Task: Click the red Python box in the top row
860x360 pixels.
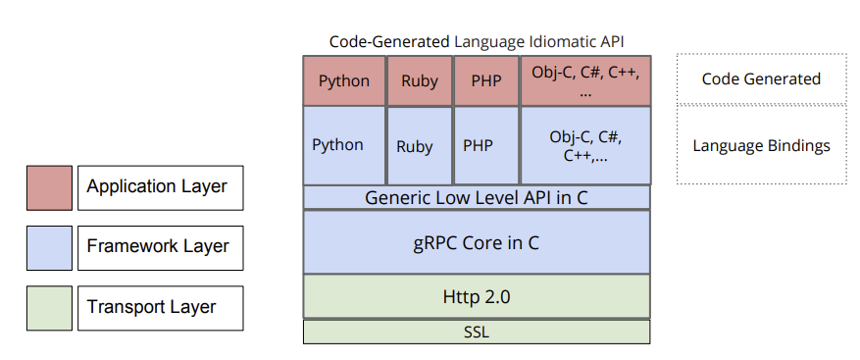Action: click(344, 80)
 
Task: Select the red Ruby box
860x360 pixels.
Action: click(420, 80)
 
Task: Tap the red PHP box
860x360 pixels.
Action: click(486, 80)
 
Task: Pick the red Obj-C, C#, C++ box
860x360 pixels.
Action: click(585, 80)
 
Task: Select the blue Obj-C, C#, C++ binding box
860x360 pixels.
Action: click(585, 145)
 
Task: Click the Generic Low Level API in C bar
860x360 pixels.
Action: click(477, 197)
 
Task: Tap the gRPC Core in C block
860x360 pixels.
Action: click(477, 241)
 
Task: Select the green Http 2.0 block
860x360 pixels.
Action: click(477, 296)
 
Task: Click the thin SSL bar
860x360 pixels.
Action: click(477, 332)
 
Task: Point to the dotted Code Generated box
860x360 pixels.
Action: click(761, 78)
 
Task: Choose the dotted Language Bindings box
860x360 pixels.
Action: click(761, 145)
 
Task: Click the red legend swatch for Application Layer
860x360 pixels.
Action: click(49, 186)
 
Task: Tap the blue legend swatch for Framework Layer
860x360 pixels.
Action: click(49, 246)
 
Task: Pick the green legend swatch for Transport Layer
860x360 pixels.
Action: click(49, 307)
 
